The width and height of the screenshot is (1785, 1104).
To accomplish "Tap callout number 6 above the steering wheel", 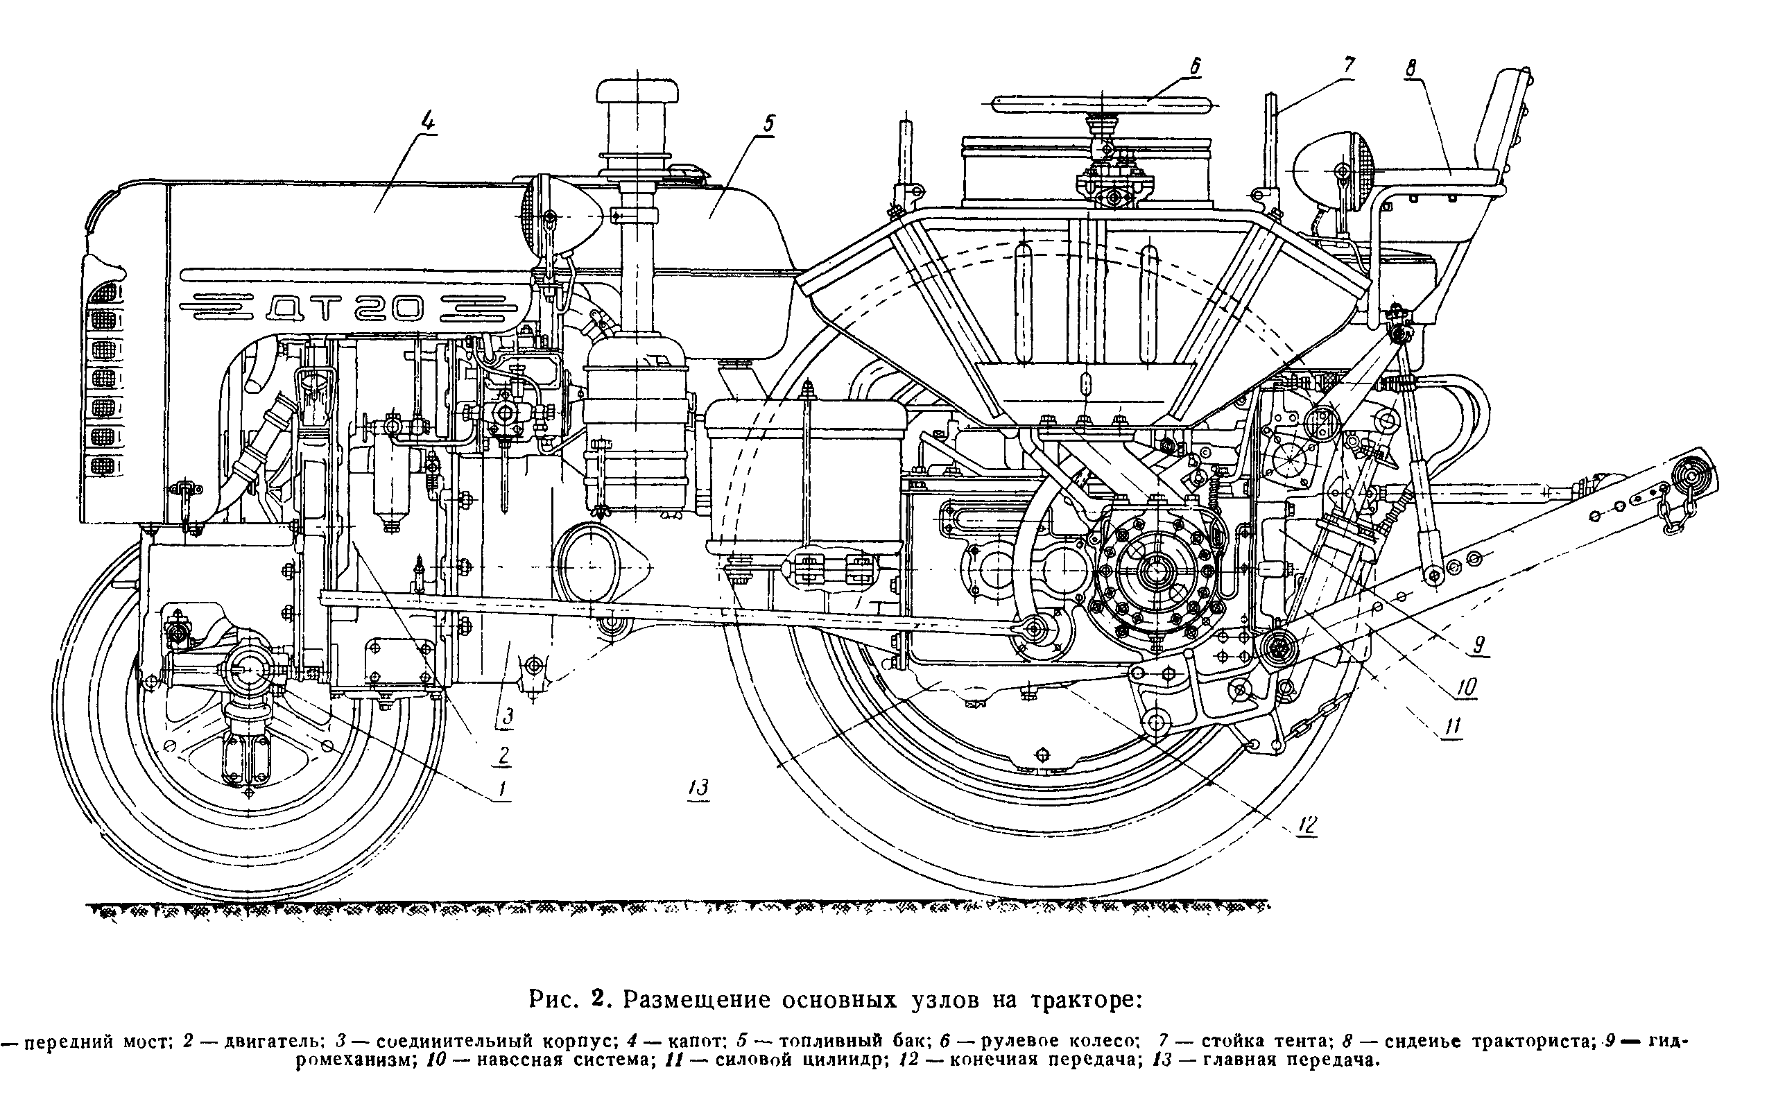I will tap(1194, 67).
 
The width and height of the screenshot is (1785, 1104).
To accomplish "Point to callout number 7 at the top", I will tap(1348, 66).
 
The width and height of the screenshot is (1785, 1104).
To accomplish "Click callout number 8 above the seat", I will tap(1410, 68).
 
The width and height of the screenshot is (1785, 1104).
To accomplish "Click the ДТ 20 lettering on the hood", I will tap(343, 308).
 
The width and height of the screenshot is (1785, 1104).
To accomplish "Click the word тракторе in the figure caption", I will tap(1084, 999).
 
